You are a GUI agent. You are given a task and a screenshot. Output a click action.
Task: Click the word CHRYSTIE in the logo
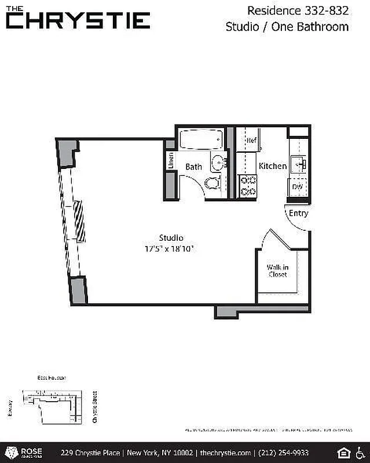(x=78, y=21)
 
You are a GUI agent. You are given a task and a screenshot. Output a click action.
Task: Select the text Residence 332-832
(x=298, y=10)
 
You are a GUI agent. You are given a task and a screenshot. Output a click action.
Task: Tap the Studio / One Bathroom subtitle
(x=287, y=27)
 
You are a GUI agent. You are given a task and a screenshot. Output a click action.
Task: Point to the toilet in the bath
(x=213, y=183)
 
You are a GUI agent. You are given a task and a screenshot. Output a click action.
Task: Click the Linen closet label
(x=171, y=160)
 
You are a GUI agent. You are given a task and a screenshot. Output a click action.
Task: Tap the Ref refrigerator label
(x=251, y=141)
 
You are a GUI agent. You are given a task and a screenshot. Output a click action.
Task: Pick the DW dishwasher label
(x=298, y=187)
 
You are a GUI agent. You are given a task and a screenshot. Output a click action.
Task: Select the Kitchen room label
(x=272, y=166)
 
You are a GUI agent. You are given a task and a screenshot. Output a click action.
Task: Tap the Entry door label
(x=299, y=213)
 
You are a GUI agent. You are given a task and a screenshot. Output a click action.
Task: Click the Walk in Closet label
(x=277, y=271)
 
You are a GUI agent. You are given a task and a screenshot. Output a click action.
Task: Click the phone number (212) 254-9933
(x=284, y=453)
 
